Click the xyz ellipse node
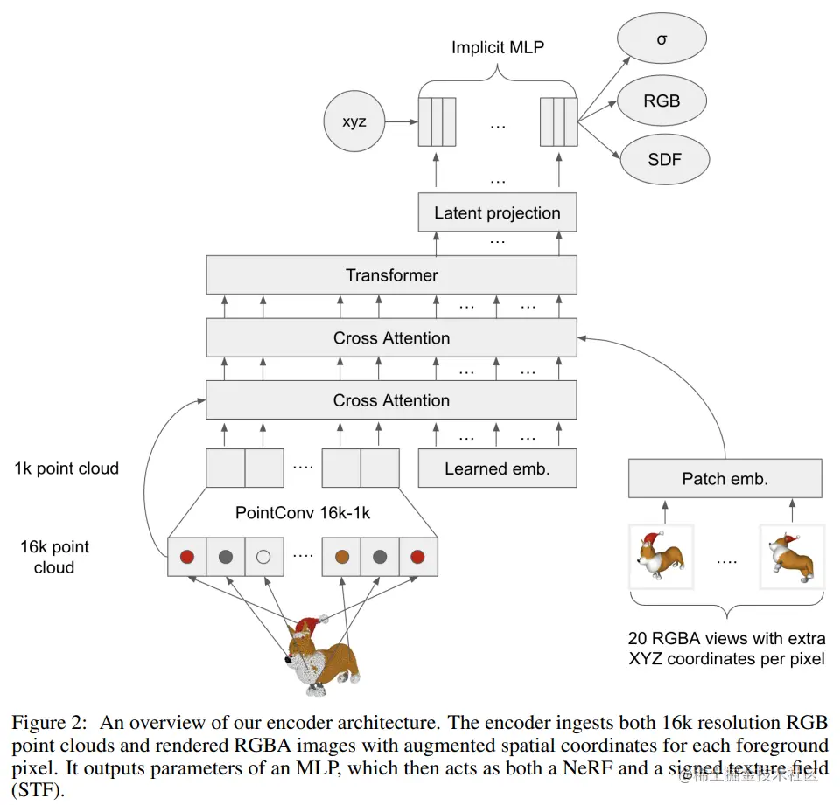pyautogui.click(x=353, y=123)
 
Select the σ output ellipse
pyautogui.click(x=661, y=39)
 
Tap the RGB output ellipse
pyautogui.click(x=661, y=100)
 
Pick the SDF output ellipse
pyautogui.click(x=663, y=159)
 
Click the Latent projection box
pyautogui.click(x=497, y=212)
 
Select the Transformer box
pyautogui.click(x=391, y=275)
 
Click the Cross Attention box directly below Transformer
pyautogui.click(x=391, y=338)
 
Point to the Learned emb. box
pyautogui.click(x=497, y=468)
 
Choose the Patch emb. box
pyautogui.click(x=725, y=479)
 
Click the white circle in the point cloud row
pyautogui.click(x=263, y=556)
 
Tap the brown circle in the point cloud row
pyautogui.click(x=342, y=556)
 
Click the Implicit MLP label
pyautogui.click(x=497, y=48)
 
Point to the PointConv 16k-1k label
pyautogui.click(x=302, y=513)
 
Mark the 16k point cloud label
pyautogui.click(x=55, y=557)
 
